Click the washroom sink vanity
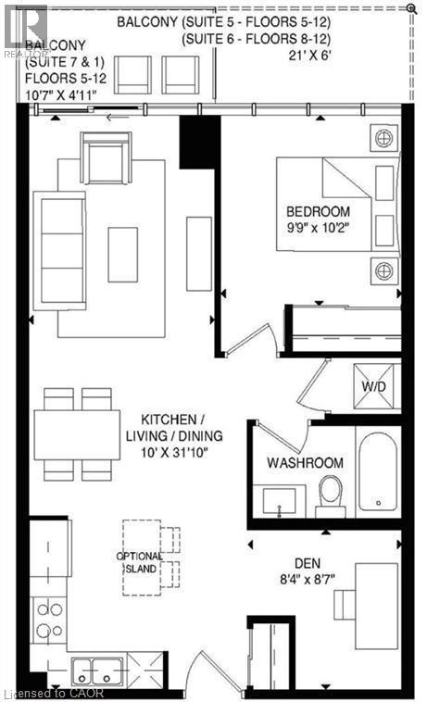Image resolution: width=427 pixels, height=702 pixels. coord(278,501)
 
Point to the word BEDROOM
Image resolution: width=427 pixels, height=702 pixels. coord(318,210)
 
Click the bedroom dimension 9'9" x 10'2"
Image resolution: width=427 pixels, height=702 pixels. coord(318,226)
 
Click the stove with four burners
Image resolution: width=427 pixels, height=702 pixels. coord(49,620)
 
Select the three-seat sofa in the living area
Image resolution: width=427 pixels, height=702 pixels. coord(58,238)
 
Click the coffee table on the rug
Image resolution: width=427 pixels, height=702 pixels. coord(122,254)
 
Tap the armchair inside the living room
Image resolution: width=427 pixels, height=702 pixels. coord(105,158)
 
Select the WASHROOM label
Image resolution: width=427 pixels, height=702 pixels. coord(305,462)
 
